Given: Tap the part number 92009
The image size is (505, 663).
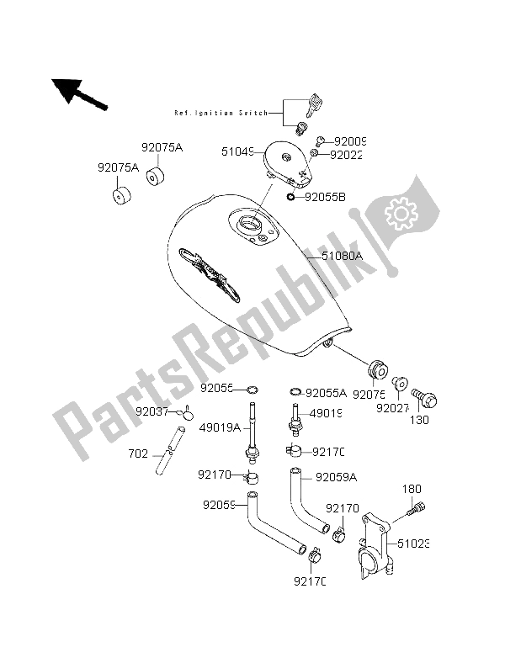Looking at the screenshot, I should tap(349, 141).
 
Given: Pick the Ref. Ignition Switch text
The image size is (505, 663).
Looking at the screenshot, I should tap(221, 113).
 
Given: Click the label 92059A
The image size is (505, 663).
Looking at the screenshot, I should tap(335, 478).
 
